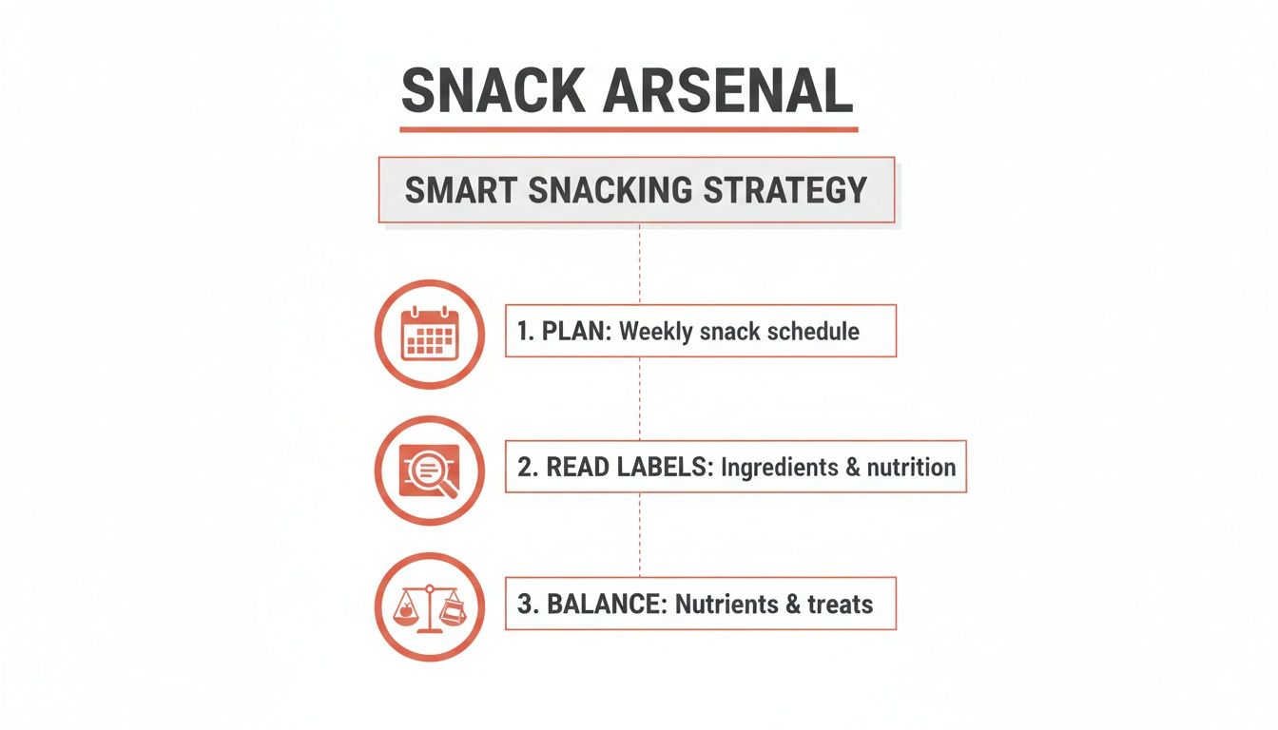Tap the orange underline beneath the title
[629, 129]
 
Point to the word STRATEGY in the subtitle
[784, 189]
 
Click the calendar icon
[430, 334]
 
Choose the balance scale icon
[430, 607]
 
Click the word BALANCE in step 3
[605, 605]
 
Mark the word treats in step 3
[840, 605]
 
